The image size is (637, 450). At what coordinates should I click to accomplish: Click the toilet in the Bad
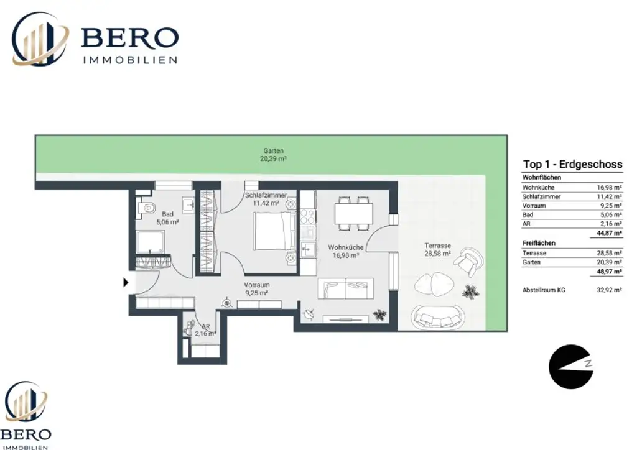click(x=147, y=208)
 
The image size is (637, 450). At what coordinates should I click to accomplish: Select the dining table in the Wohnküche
click(x=353, y=213)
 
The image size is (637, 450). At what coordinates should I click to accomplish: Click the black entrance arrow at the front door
click(x=126, y=282)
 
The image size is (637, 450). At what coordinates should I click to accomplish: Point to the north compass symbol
click(x=570, y=367)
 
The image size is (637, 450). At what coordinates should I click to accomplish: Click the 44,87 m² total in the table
click(x=610, y=233)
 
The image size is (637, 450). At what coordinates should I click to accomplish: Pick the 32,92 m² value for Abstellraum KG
click(x=610, y=290)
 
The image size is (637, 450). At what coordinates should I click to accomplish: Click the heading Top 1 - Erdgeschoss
click(x=572, y=164)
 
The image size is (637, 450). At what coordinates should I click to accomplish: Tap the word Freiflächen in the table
click(x=539, y=243)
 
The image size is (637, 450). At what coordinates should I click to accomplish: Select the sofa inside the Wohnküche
click(x=346, y=288)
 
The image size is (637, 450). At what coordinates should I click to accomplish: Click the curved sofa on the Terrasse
click(x=437, y=317)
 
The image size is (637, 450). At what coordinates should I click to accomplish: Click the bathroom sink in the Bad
click(x=189, y=205)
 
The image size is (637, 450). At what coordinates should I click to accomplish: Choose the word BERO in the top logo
click(x=130, y=37)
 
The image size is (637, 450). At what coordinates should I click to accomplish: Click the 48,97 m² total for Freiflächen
click(x=610, y=272)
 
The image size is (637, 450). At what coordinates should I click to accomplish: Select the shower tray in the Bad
click(x=150, y=242)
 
